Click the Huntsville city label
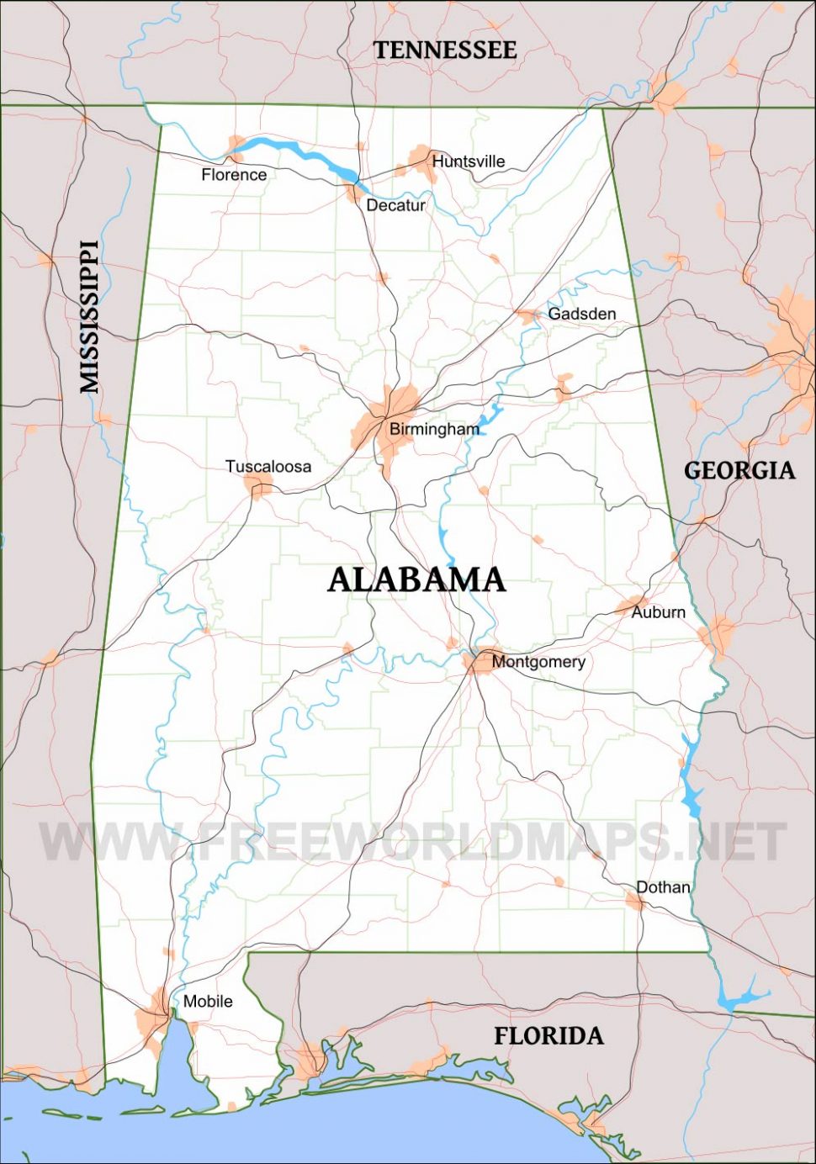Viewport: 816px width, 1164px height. coord(469,161)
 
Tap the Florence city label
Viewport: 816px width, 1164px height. coord(234,175)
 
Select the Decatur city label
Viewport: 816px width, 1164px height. coord(395,205)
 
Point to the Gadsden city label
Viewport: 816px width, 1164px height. coord(581,314)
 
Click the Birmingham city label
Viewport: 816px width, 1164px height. coord(434,429)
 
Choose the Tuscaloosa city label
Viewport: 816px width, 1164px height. coord(268,467)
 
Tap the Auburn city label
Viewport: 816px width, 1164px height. coord(658,612)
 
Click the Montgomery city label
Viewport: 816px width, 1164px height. coord(538,662)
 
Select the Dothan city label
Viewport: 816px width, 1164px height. coord(663,887)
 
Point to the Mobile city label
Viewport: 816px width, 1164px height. coord(208,1002)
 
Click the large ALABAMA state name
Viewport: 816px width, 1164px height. coord(416,579)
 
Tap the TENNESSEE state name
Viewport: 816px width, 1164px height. coord(445,50)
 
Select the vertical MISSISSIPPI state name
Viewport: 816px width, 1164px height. coord(89,317)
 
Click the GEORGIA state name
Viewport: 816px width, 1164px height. coord(739,470)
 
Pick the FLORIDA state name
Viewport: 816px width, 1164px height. coord(548,1036)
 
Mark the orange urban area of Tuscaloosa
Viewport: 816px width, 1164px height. coord(258,485)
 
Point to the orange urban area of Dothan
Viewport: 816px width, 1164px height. coord(634,902)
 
